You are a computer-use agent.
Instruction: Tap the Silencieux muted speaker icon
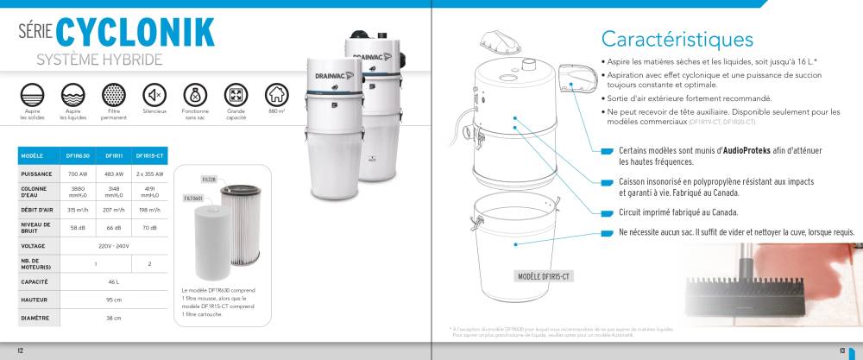click(154, 94)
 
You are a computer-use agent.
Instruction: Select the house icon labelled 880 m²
click(276, 94)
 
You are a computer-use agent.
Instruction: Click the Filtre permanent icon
click(113, 94)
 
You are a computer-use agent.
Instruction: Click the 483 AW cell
click(114, 174)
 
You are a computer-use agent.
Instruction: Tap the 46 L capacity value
click(113, 281)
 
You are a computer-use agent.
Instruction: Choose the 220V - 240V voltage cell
click(113, 245)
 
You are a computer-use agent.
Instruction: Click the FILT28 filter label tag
click(208, 180)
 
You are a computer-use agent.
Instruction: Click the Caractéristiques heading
click(677, 39)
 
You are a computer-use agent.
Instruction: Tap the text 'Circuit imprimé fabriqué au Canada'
click(677, 212)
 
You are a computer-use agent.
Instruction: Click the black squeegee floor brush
click(746, 289)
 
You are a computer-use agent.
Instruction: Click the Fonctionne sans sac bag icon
click(195, 94)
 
